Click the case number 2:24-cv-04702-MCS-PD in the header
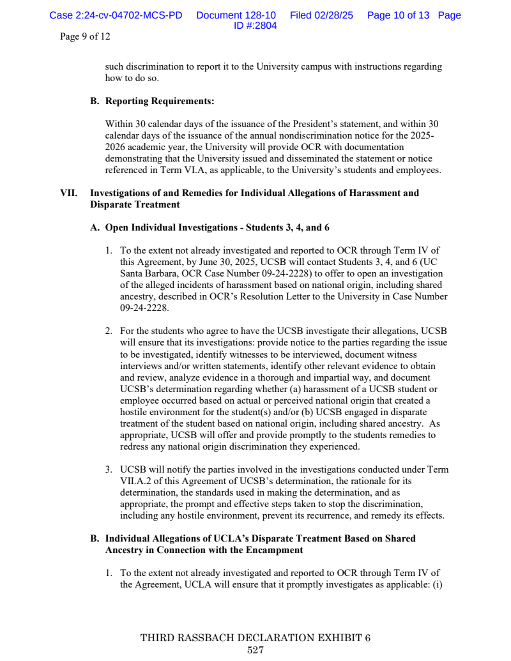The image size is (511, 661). tap(116, 15)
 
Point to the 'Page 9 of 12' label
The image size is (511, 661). tap(85, 36)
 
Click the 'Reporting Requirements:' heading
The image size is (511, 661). tap(160, 101)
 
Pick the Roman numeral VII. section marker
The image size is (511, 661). tap(68, 193)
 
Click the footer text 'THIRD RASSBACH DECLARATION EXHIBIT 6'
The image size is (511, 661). tap(255, 638)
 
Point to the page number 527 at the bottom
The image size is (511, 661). tap(255, 650)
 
